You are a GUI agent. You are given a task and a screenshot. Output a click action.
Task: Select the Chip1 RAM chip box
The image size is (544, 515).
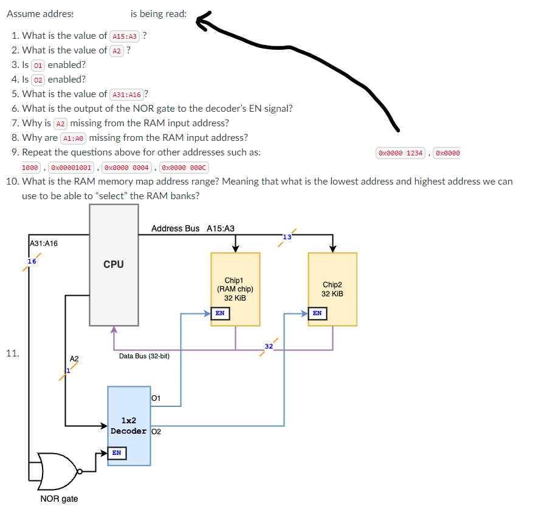point(235,288)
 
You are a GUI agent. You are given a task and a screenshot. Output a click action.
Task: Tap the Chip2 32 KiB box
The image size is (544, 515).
point(332,288)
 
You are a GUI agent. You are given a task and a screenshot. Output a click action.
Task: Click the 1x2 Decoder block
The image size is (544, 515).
point(129,426)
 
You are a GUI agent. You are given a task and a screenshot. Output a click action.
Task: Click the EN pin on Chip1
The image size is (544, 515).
point(220,313)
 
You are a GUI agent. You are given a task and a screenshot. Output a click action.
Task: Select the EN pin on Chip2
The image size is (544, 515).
point(317,313)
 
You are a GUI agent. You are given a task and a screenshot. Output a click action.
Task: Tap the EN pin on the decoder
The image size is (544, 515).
point(117,452)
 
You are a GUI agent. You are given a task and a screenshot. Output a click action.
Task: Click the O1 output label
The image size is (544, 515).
point(155,398)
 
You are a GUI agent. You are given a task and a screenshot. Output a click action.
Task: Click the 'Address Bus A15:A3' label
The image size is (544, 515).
point(193,228)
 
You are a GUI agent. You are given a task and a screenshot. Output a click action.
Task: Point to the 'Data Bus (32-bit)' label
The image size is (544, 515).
point(144,356)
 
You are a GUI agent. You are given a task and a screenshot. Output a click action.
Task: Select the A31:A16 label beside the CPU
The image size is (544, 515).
point(44,244)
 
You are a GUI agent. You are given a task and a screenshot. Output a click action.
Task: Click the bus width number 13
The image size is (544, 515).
point(286,236)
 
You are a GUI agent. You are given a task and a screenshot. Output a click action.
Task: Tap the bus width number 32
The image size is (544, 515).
point(269,346)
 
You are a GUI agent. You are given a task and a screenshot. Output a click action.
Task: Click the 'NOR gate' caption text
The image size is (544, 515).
point(59,499)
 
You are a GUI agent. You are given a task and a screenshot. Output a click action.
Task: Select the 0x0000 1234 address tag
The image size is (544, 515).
point(401,153)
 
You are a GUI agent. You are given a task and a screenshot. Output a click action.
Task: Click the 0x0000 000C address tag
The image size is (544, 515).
point(182,167)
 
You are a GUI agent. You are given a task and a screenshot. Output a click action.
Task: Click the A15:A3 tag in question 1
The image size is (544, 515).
point(125,36)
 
